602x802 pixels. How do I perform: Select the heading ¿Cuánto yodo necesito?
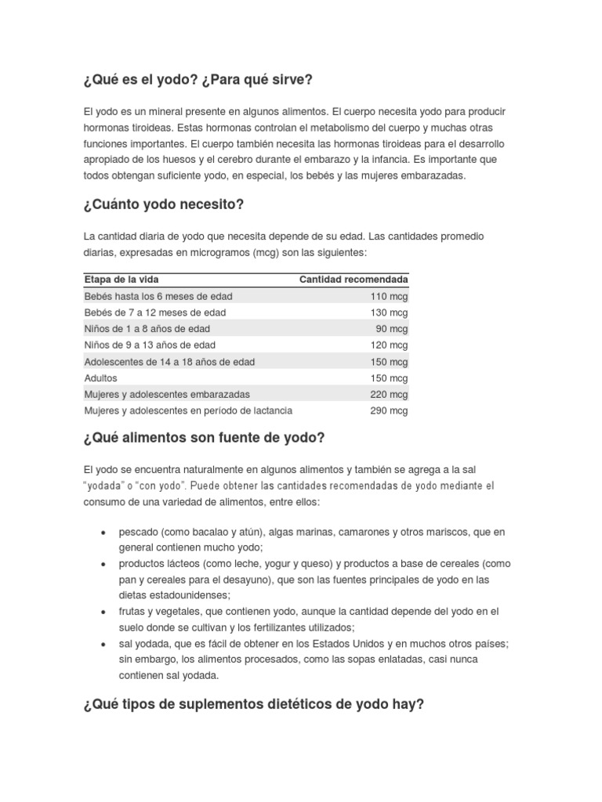tap(163, 204)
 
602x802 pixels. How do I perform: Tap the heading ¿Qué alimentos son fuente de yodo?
tap(204, 437)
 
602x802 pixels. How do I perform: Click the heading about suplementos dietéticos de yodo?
tap(253, 704)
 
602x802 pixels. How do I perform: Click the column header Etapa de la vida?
tap(121, 280)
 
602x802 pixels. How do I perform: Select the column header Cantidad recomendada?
tap(354, 280)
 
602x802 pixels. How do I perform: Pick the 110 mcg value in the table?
tap(389, 296)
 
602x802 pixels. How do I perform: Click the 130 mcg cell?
tap(389, 312)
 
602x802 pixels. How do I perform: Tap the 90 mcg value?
tap(392, 329)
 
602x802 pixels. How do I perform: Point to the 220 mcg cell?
tap(389, 394)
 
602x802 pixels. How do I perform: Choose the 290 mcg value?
tap(389, 410)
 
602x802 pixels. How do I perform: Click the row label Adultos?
tap(100, 378)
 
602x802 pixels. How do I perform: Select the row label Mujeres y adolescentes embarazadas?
tap(167, 394)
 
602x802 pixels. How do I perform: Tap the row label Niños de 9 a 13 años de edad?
tap(150, 345)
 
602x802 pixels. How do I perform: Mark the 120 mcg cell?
tap(389, 345)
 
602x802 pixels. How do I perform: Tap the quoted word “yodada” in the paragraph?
tap(106, 486)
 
